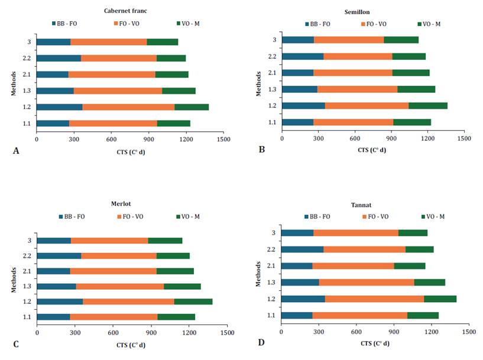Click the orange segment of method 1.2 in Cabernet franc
pos(128,107)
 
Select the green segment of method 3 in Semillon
pos(401,40)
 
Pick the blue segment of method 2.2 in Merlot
pos(59,256)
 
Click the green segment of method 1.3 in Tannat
pos(429,282)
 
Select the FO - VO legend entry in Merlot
pos(129,216)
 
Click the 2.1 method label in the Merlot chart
pos(28,271)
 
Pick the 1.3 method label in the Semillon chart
pos(272,89)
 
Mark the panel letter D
pos(260,342)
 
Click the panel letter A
pos(16,151)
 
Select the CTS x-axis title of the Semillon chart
pos(372,150)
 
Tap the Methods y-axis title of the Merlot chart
pos(14,278)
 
